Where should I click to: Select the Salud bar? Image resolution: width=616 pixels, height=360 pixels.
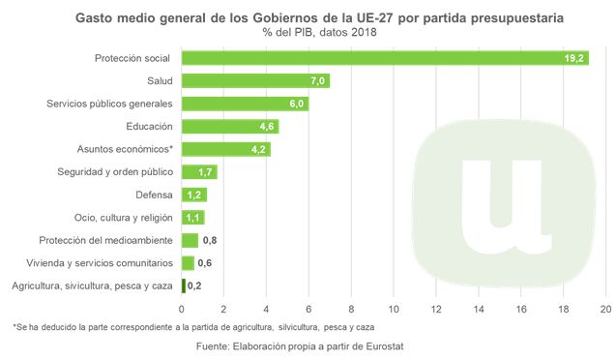(255, 80)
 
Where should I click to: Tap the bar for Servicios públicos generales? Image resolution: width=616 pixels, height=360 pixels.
(245, 104)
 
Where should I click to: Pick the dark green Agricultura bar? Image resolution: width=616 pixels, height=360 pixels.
(183, 285)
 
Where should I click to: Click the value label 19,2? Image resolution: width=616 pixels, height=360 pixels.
(574, 59)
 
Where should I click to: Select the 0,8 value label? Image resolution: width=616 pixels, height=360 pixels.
(208, 240)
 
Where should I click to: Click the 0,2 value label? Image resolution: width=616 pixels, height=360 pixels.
(194, 285)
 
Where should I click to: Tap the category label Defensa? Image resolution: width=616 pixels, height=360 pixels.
(154, 195)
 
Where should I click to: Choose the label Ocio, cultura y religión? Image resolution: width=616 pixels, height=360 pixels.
(124, 218)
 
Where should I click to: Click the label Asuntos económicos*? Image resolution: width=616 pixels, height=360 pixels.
(125, 149)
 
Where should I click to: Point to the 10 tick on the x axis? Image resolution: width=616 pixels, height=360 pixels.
(394, 309)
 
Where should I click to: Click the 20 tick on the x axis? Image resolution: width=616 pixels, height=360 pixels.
(606, 309)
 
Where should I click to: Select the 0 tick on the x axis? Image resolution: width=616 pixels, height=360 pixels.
(182, 309)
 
